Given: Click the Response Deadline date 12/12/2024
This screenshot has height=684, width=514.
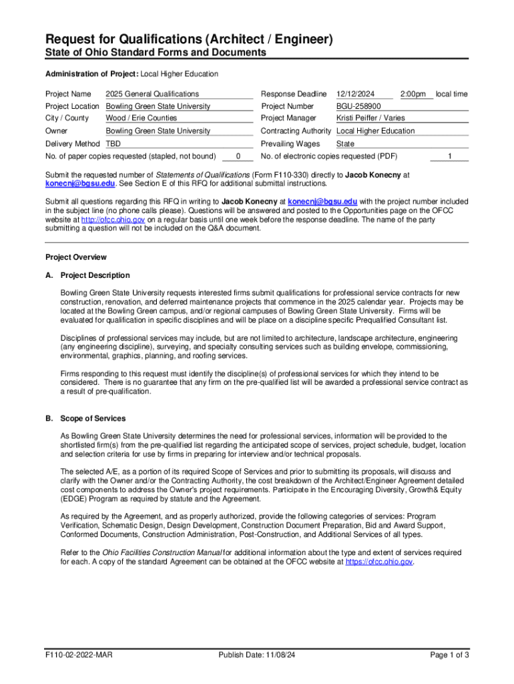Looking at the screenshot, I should (356, 94).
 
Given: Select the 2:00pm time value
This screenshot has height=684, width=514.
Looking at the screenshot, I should (413, 94).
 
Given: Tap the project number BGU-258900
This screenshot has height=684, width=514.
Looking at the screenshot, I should (358, 106).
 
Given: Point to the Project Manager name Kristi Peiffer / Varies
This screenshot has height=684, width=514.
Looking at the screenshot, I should (370, 118).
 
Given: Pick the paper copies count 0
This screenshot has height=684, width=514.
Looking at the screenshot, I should (238, 156).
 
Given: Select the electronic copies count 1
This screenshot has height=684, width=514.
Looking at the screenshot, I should (450, 156).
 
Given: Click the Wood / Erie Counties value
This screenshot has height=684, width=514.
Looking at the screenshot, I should (136, 118).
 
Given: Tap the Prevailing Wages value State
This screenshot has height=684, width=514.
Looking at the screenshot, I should (345, 144).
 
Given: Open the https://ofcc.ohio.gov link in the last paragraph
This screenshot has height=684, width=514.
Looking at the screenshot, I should (379, 562).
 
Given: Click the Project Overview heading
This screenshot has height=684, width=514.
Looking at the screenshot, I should (75, 257).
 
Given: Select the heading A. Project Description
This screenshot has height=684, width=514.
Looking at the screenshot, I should (87, 275).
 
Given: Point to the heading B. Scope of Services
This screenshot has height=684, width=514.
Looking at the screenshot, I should (85, 418).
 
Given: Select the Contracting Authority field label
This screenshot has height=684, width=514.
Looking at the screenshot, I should (296, 131).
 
